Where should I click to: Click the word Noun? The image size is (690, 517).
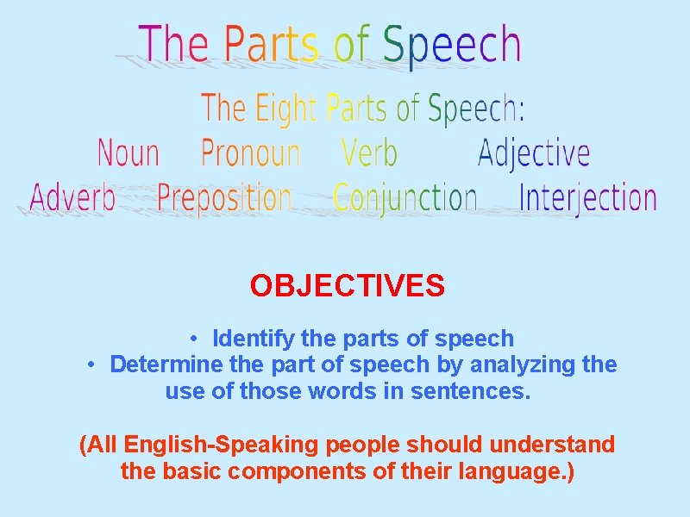pyautogui.click(x=129, y=154)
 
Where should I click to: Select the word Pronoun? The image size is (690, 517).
pyautogui.click(x=250, y=154)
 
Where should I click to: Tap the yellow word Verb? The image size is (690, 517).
pyautogui.click(x=369, y=154)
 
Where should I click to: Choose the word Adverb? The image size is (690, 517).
pyautogui.click(x=72, y=198)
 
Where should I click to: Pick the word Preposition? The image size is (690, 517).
pyautogui.click(x=224, y=199)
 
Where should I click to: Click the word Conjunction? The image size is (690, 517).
pyautogui.click(x=405, y=199)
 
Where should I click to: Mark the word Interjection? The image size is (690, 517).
pyautogui.click(x=587, y=199)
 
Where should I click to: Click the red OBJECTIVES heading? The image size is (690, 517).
pyautogui.click(x=348, y=285)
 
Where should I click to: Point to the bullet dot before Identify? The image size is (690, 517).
pyautogui.click(x=197, y=339)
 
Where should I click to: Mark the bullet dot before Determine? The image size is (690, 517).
pyautogui.click(x=91, y=364)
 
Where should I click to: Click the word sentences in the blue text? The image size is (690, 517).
pyautogui.click(x=477, y=392)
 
